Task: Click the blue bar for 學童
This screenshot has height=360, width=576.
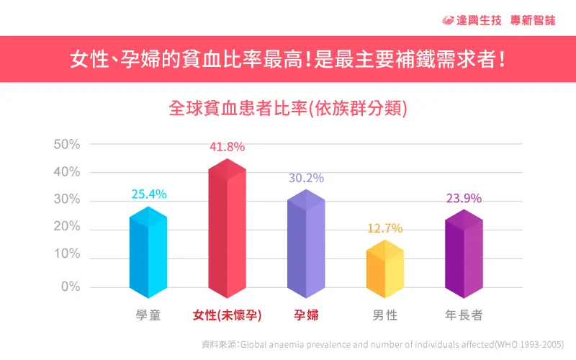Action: (148, 252)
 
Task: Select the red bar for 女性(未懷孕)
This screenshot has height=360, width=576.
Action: (228, 230)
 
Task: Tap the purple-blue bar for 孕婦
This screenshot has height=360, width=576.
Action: (306, 245)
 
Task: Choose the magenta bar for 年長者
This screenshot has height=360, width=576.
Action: (464, 256)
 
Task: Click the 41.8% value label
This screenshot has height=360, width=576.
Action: (228, 147)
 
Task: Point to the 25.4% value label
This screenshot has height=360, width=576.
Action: (149, 194)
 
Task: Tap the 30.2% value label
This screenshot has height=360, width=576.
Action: (306, 178)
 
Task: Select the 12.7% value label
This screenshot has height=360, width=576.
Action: (385, 229)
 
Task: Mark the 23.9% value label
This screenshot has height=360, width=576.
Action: (464, 199)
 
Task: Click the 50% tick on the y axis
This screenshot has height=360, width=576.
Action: (67, 144)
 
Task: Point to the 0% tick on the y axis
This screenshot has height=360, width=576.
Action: (70, 287)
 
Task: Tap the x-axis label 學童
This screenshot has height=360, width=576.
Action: (148, 315)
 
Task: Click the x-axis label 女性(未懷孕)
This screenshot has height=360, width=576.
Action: (228, 315)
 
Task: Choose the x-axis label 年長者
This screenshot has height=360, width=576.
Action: (464, 315)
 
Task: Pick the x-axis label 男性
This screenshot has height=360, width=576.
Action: (385, 315)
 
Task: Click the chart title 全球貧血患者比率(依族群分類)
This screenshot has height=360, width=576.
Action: (288, 109)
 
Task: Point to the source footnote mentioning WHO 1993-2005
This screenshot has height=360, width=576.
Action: (382, 344)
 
